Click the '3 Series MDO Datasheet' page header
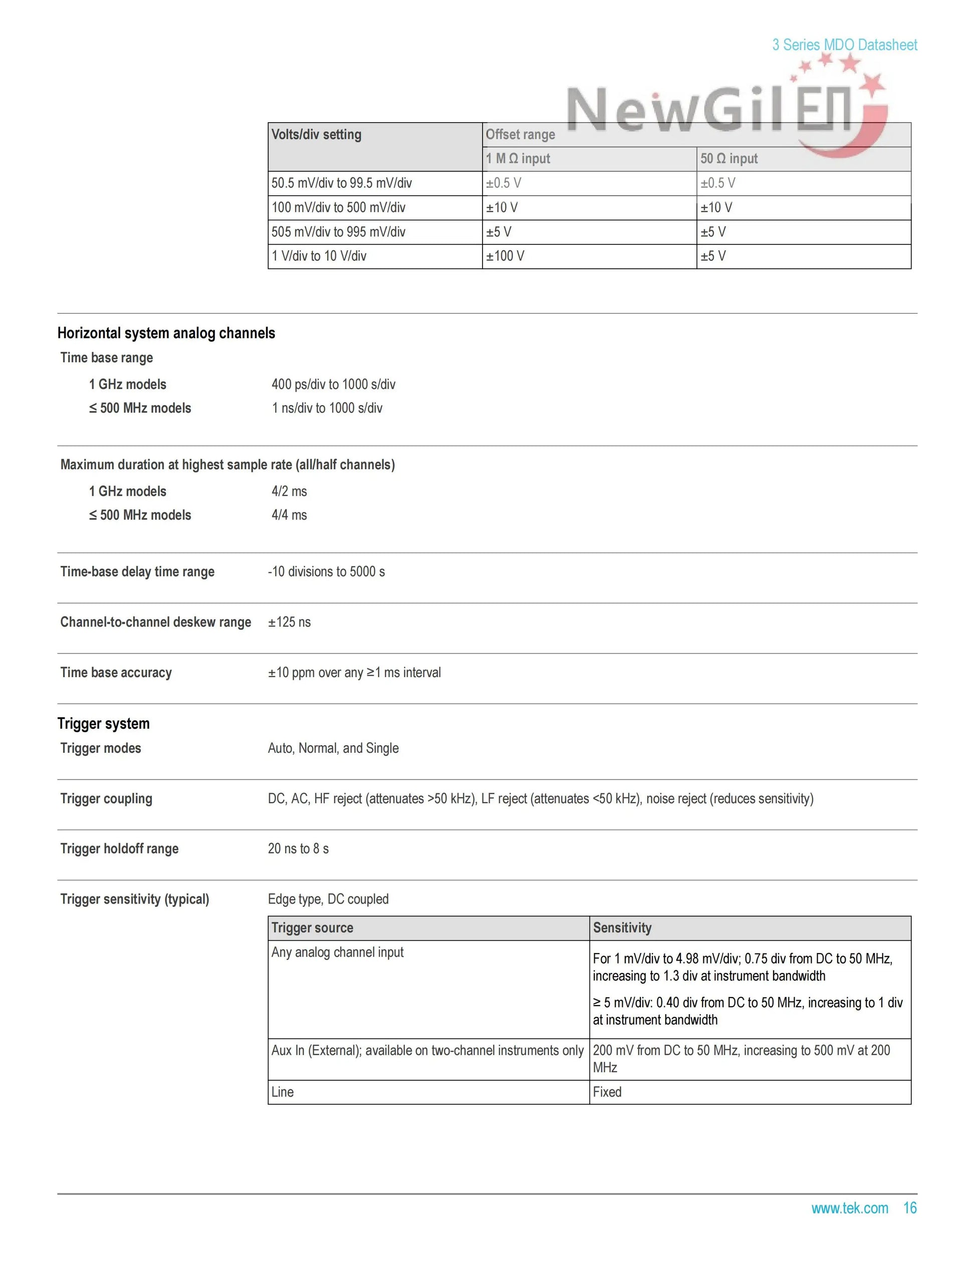(844, 45)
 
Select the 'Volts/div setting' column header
(317, 135)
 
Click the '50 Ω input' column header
(729, 159)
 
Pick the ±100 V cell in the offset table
(505, 256)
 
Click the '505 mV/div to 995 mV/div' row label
(339, 232)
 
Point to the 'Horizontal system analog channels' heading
(166, 333)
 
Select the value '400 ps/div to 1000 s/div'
(333, 385)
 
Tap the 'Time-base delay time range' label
(137, 571)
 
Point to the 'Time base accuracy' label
(116, 673)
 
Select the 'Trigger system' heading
(103, 724)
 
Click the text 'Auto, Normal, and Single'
(333, 748)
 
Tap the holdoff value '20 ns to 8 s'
(298, 849)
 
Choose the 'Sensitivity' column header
(622, 928)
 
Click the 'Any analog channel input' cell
(337, 953)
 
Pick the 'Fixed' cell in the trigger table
(607, 1092)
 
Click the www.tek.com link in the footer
(849, 1208)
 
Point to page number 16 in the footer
(910, 1208)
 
